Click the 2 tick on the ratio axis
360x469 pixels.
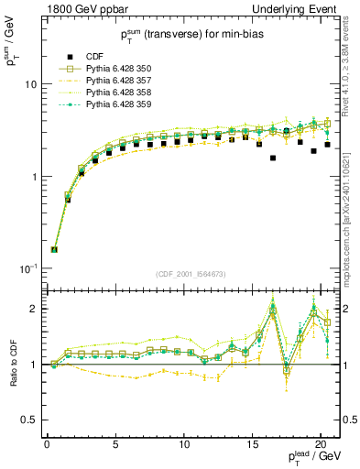click(x=34, y=309)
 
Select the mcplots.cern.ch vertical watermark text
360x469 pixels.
click(x=351, y=220)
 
